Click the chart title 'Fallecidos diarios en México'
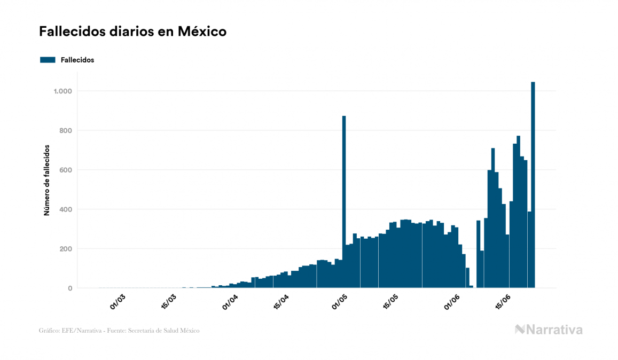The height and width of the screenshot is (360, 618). point(132,32)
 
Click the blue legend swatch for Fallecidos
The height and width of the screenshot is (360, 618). point(48,60)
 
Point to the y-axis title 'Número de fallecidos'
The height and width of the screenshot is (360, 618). point(46,180)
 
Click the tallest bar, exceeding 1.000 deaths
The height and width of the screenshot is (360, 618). point(533,187)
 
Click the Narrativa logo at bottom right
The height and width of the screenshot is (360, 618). point(549,330)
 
